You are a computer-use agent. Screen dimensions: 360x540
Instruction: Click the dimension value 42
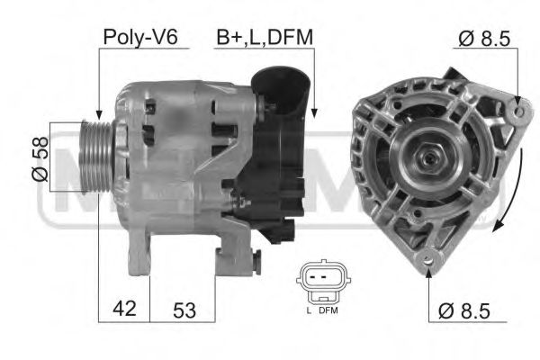click(x=123, y=309)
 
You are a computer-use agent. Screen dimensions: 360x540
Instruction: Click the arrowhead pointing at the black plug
click(x=313, y=112)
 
